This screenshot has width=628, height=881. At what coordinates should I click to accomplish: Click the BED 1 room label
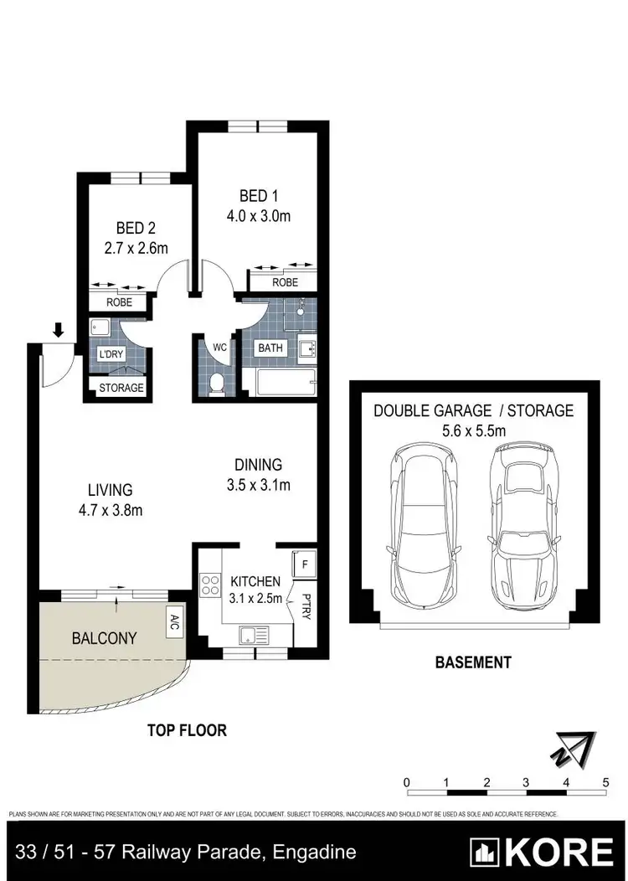(259, 196)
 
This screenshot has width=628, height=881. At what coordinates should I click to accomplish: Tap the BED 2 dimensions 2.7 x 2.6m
(136, 248)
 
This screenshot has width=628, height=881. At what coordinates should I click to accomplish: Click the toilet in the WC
(216, 384)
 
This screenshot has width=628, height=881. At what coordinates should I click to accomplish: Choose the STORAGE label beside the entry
(121, 388)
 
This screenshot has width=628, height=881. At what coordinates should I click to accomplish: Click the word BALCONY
(104, 638)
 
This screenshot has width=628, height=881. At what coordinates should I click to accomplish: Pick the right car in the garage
(524, 526)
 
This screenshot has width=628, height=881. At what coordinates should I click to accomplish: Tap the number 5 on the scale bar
(605, 782)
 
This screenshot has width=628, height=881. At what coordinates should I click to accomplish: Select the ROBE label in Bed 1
(285, 282)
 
